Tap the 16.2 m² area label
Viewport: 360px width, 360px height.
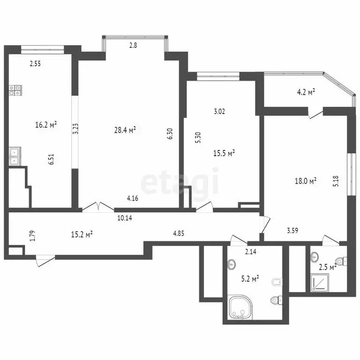[x=46, y=125]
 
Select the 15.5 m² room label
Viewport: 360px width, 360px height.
[x=224, y=153]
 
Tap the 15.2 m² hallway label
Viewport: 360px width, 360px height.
[x=81, y=234]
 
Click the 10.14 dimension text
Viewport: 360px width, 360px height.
[x=125, y=217]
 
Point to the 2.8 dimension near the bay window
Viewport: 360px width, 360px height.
[x=134, y=45]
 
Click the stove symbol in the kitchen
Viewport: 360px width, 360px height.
[x=15, y=90]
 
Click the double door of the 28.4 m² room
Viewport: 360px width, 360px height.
[x=97, y=208]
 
